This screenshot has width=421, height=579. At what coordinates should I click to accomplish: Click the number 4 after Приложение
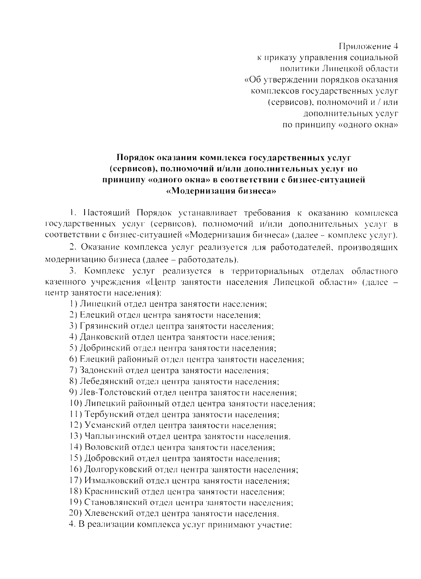point(395,46)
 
